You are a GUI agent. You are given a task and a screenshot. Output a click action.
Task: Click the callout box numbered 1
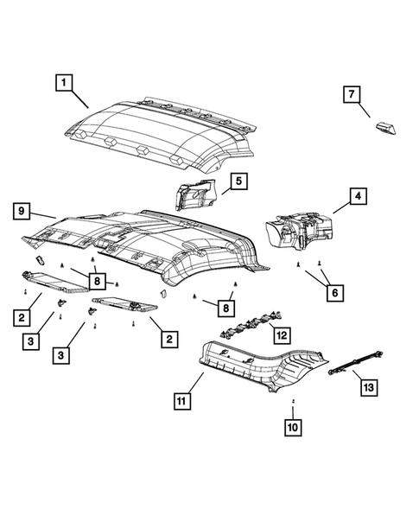(64, 82)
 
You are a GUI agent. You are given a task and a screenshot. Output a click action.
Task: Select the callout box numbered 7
(352, 94)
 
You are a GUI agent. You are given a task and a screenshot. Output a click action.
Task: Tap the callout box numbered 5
(238, 181)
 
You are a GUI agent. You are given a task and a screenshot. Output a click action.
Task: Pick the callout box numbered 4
(358, 196)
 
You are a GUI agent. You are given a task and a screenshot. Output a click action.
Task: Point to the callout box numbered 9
(22, 212)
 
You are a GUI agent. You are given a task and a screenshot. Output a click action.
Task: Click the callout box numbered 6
(335, 293)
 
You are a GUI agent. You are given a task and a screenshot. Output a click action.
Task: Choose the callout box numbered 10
(293, 427)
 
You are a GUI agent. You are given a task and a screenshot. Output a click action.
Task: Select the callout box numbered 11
(182, 401)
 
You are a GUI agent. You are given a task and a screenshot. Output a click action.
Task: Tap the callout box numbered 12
(282, 335)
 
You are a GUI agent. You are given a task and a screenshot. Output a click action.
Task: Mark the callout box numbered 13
(369, 387)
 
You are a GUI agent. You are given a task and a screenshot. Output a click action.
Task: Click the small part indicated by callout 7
(386, 128)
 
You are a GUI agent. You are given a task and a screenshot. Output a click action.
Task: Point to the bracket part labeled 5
(194, 194)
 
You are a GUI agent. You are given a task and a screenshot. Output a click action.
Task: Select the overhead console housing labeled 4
(299, 231)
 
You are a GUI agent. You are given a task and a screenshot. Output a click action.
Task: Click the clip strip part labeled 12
(251, 325)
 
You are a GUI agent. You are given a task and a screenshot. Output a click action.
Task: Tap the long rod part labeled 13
(356, 363)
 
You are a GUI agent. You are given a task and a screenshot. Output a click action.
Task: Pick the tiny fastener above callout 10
(293, 401)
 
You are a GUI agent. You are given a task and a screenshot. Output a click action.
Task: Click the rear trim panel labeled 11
(263, 366)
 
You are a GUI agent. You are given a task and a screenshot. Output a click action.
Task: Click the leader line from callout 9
(44, 215)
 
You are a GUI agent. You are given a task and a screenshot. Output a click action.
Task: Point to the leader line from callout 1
(79, 99)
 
